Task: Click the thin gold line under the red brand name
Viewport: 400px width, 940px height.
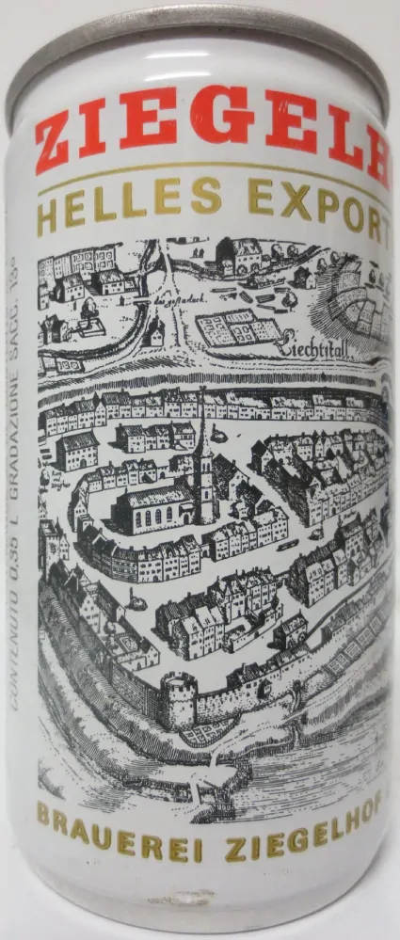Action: point(207,169)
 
